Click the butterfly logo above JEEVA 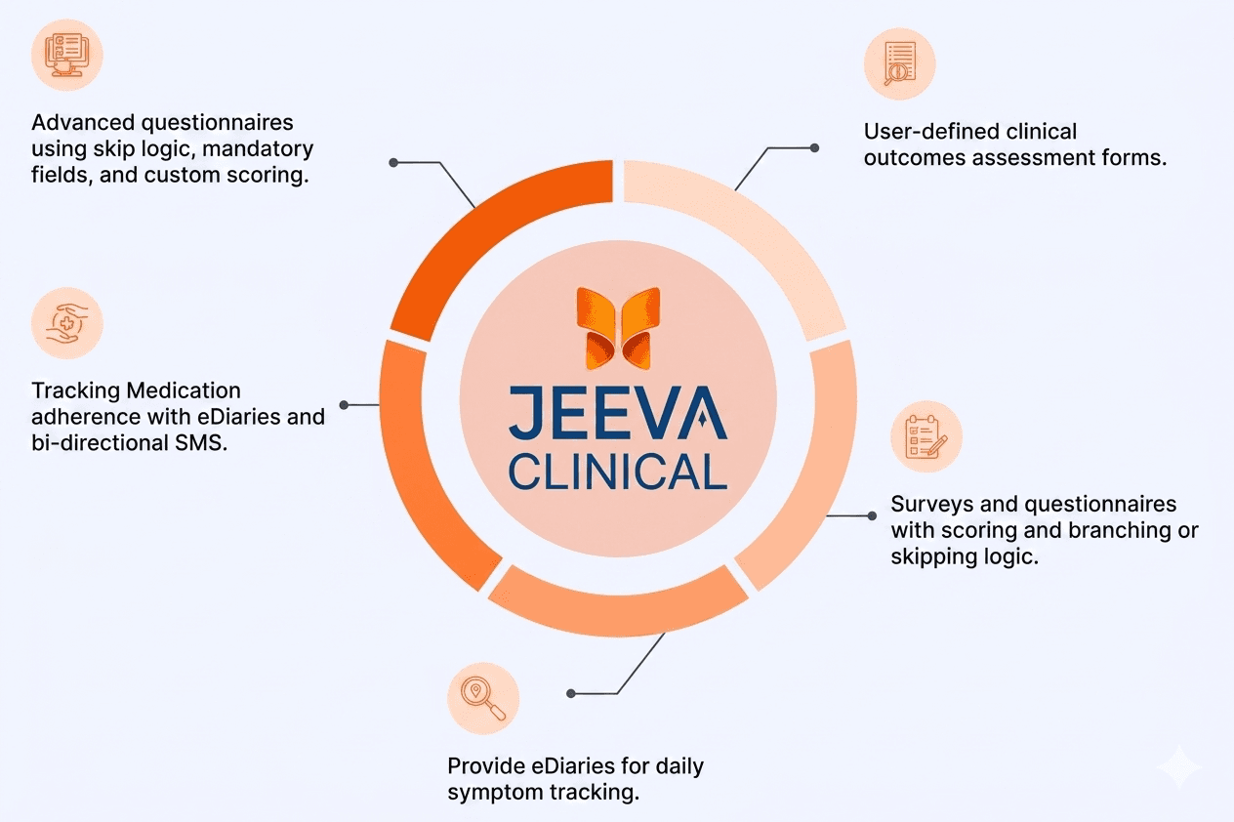618,328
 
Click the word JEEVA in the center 618,413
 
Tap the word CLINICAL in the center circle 618,472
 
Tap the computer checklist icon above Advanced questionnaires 66,55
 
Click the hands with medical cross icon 66,323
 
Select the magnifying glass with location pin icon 483,698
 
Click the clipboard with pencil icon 926,436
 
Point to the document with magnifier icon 899,63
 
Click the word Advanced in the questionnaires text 83,122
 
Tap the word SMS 200,443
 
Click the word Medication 184,390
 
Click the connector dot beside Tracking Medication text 345,405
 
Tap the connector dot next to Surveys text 872,515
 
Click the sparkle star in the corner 1179,767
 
